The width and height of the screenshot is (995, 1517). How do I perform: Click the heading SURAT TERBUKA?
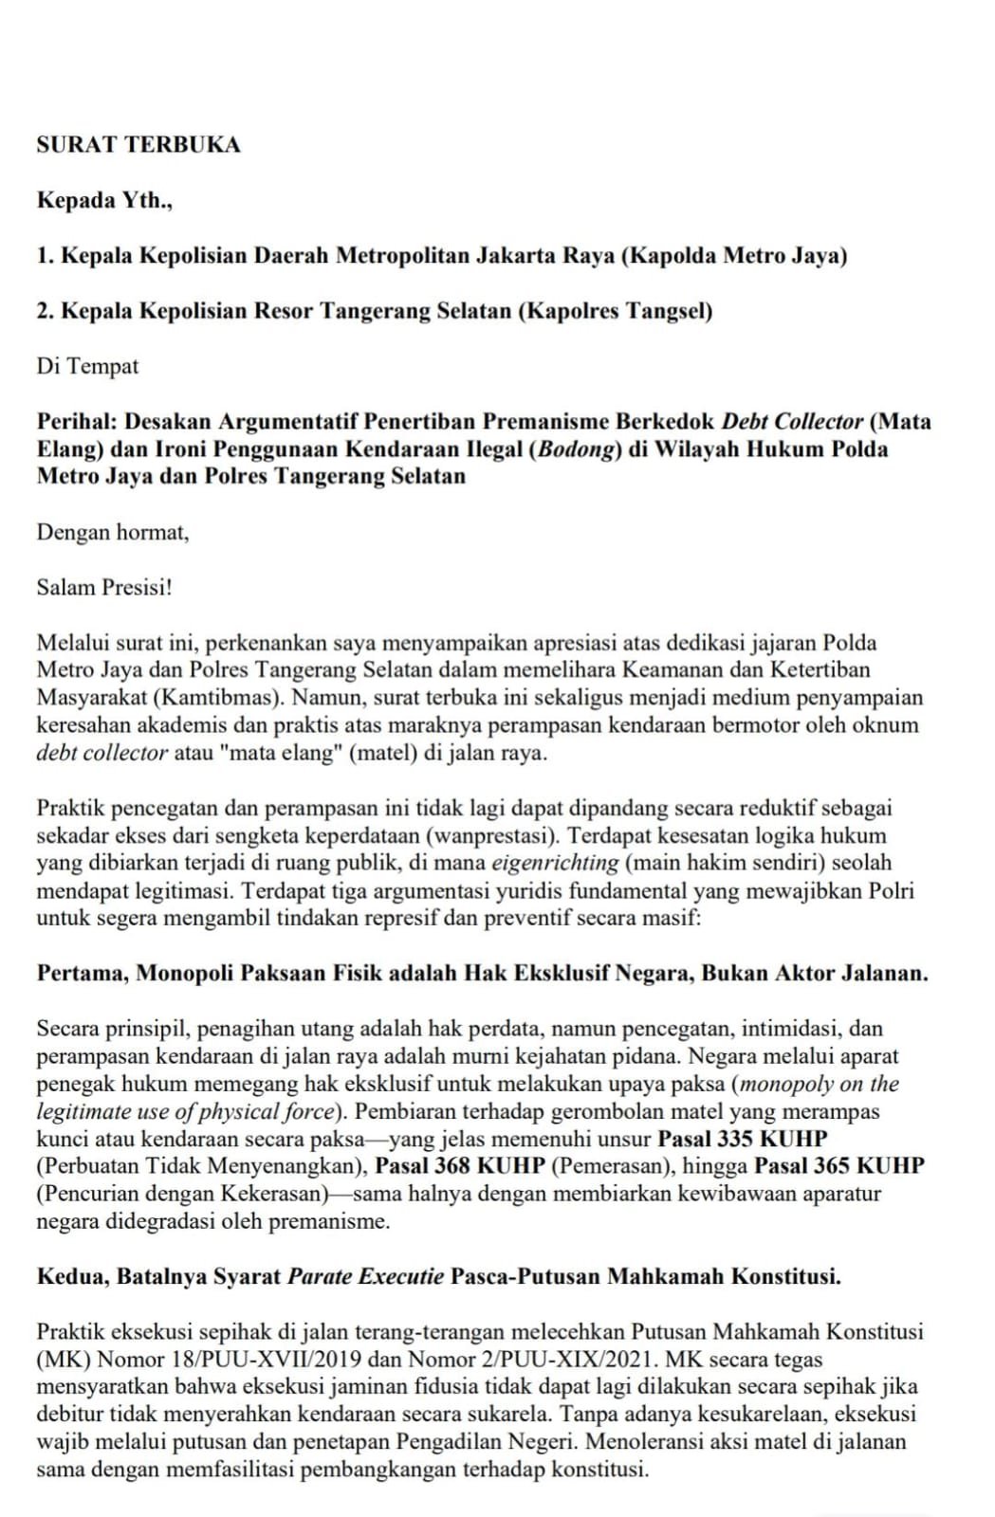tap(138, 145)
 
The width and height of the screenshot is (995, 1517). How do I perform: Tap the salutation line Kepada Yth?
tap(104, 200)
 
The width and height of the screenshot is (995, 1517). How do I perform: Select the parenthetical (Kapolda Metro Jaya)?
tap(734, 256)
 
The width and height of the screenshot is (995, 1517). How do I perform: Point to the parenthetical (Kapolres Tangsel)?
tap(615, 311)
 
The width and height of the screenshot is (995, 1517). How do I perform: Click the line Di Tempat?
tap(87, 366)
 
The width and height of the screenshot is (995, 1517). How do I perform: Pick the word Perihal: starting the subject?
tap(77, 421)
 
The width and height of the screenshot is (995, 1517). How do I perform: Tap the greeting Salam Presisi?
tap(104, 587)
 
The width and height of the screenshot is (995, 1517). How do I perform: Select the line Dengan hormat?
tap(113, 532)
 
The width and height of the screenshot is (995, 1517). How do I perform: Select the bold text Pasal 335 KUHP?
tap(743, 1139)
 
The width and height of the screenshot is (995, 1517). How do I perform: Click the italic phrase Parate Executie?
tap(366, 1276)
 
